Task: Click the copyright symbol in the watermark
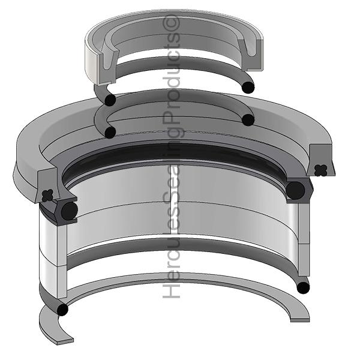click(171, 23)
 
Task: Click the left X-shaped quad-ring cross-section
click(47, 195)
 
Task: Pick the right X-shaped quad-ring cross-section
click(320, 170)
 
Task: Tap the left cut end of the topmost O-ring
click(110, 100)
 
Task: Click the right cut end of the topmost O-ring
click(248, 88)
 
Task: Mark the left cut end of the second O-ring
click(110, 133)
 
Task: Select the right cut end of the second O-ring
click(248, 119)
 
